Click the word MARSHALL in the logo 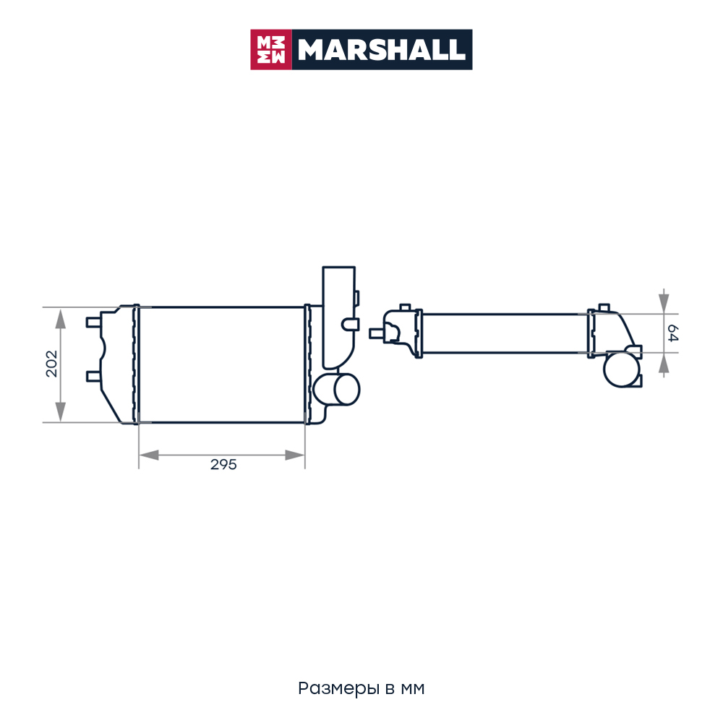[381, 50]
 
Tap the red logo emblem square [271, 50]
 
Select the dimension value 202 [51, 364]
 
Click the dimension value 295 [223, 464]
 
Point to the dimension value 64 [672, 333]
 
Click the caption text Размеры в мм [361, 688]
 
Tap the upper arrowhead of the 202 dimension [61, 319]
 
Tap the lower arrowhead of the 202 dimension [61, 412]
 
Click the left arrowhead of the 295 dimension [149, 455]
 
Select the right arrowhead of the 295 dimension [295, 455]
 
